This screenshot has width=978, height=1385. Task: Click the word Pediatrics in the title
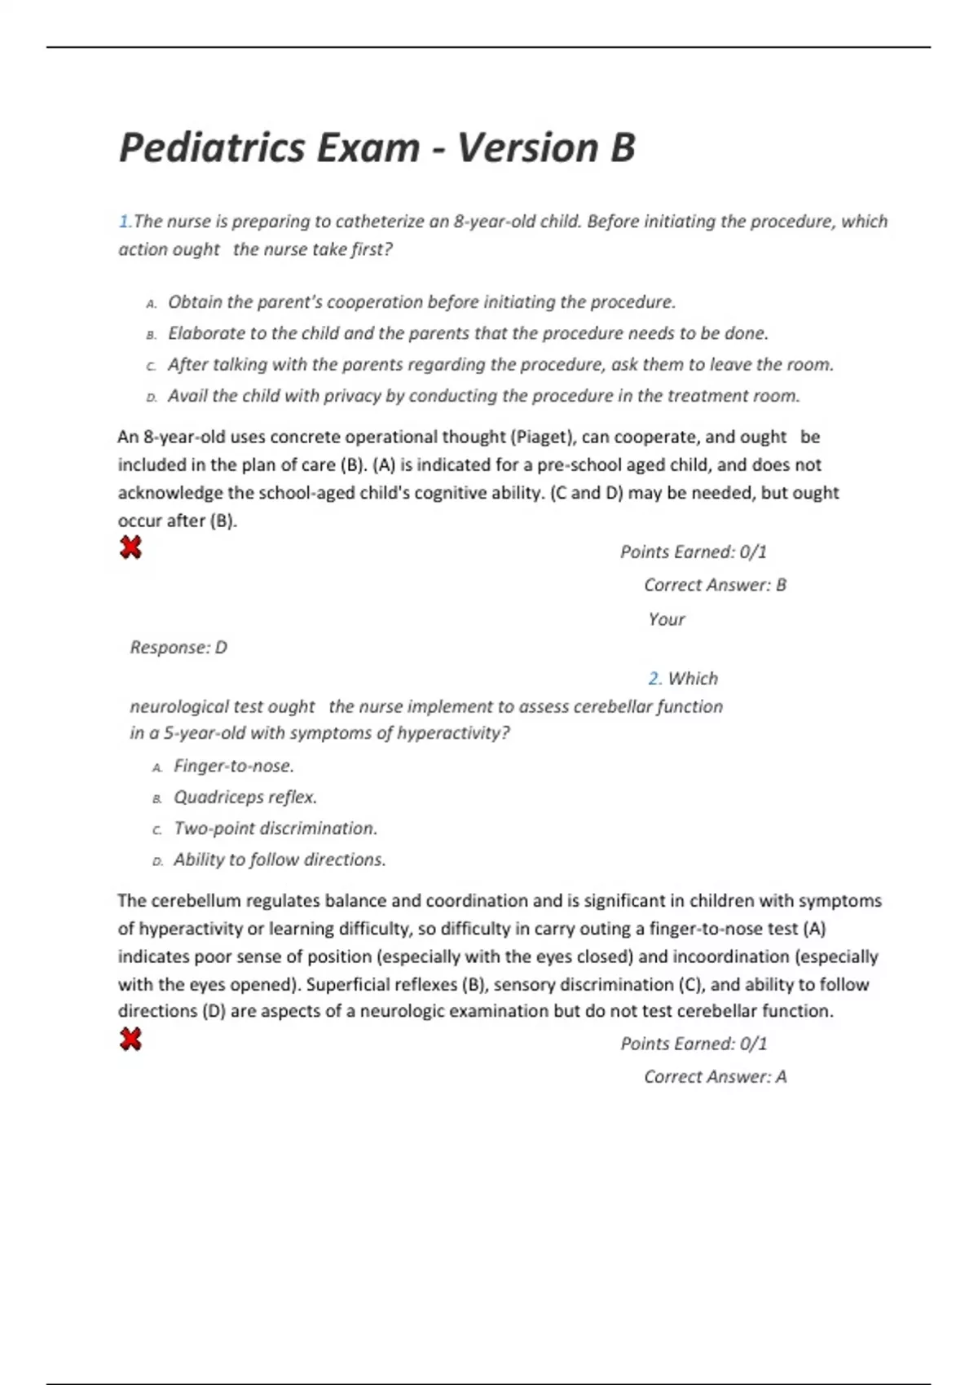coord(211,148)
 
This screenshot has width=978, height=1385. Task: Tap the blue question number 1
coord(124,222)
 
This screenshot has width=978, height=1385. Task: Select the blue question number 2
coord(654,679)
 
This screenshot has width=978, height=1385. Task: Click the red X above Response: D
coord(130,547)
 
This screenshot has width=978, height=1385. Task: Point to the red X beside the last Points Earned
coord(130,1039)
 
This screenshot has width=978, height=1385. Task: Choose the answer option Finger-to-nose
coord(233,766)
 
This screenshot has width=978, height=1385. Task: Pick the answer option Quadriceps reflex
coord(244,797)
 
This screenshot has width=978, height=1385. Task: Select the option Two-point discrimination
coord(275,829)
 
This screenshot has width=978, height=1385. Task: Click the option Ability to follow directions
coord(279,860)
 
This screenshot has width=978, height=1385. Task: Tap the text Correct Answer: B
coord(715,585)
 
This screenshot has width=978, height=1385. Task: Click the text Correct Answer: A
coord(715,1077)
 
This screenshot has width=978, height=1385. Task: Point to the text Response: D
coord(178,648)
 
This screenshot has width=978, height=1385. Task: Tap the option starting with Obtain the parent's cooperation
coord(421,302)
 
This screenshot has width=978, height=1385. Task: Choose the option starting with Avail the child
coord(483,396)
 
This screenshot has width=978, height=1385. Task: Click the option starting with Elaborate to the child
coord(468,333)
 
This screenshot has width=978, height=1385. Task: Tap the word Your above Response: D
coord(666,619)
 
